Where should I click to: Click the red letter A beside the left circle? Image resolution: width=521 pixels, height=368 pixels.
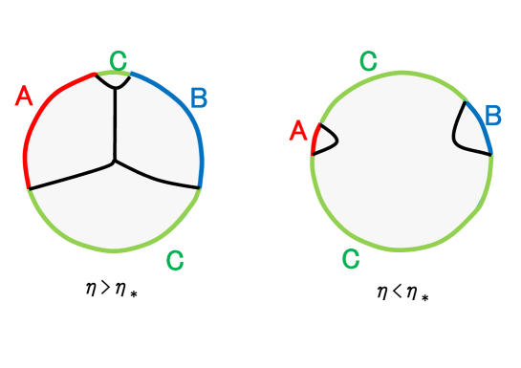pyautogui.click(x=25, y=96)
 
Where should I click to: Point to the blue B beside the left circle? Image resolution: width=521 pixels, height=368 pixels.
pyautogui.click(x=199, y=97)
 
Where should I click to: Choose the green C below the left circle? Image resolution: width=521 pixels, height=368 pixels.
pyautogui.click(x=175, y=259)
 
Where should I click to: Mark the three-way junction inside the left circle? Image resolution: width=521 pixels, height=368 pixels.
pyautogui.click(x=115, y=161)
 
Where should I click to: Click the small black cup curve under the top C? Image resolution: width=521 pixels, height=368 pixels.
pyautogui.click(x=115, y=86)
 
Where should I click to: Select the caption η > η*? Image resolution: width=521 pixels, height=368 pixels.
pyautogui.click(x=119, y=286)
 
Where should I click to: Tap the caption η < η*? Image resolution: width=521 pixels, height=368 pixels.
pyautogui.click(x=402, y=292)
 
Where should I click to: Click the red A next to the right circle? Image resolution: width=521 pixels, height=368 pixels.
pyautogui.click(x=297, y=130)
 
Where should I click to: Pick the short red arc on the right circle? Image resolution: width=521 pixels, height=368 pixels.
pyautogui.click(x=314, y=141)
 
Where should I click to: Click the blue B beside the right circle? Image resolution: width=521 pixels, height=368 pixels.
pyautogui.click(x=493, y=117)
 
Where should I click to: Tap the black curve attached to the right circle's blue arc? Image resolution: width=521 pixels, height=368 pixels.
pyautogui.click(x=459, y=134)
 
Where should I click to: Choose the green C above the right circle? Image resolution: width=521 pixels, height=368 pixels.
pyautogui.click(x=368, y=63)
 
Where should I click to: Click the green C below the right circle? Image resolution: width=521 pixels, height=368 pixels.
pyautogui.click(x=351, y=258)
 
